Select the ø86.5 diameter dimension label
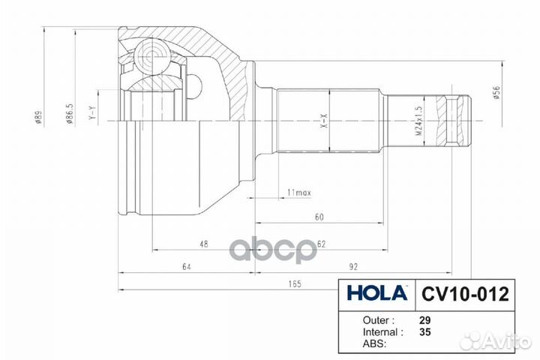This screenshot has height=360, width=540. (x=68, y=118)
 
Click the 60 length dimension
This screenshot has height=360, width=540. (x=319, y=217)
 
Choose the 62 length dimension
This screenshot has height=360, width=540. (x=321, y=244)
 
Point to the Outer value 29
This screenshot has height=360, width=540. (x=424, y=318)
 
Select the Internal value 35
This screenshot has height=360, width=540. (x=424, y=331)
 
